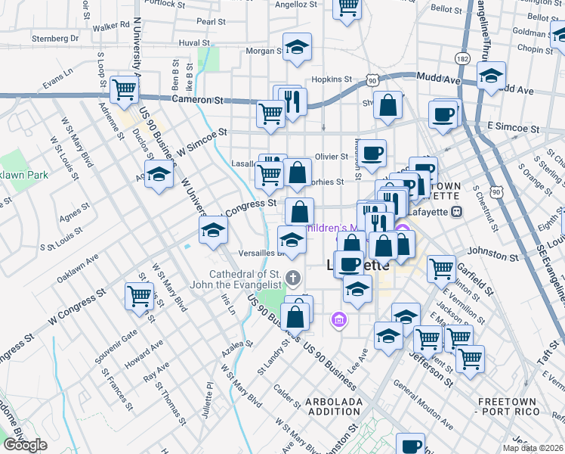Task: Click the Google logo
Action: (x=25, y=445)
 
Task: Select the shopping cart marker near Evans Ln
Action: (x=125, y=90)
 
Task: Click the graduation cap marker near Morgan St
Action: (x=297, y=48)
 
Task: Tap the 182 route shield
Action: (x=463, y=58)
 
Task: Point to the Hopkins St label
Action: (x=332, y=79)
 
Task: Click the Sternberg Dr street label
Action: (x=54, y=38)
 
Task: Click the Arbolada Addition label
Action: (x=334, y=406)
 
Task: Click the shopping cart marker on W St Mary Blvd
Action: (x=140, y=297)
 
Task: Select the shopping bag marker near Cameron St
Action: (x=387, y=107)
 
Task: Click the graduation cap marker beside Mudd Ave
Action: (x=491, y=76)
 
